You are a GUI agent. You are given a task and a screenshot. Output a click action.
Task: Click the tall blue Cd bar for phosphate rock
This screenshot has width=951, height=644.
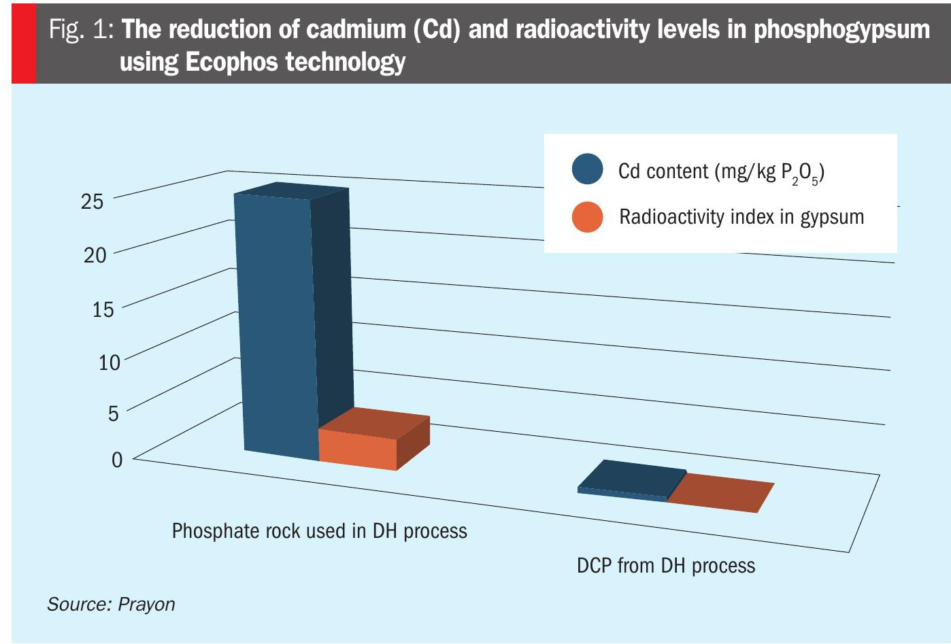click(x=276, y=323)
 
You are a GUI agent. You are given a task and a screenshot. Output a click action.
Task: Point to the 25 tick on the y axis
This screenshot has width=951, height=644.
click(x=92, y=201)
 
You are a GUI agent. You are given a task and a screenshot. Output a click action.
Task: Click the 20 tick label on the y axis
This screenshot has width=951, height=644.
click(x=95, y=255)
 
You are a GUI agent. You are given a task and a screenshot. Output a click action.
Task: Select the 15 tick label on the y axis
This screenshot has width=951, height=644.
click(x=103, y=309)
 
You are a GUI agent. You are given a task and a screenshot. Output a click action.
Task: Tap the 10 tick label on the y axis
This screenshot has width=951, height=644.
click(x=109, y=362)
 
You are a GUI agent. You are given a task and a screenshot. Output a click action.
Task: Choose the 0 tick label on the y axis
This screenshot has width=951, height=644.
click(x=117, y=460)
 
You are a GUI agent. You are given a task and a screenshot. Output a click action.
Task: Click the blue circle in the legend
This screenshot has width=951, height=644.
click(x=587, y=169)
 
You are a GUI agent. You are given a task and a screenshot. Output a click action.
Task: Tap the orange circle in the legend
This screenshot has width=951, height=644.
click(x=587, y=218)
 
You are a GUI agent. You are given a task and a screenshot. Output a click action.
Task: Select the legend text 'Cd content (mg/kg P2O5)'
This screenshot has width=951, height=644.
click(x=721, y=172)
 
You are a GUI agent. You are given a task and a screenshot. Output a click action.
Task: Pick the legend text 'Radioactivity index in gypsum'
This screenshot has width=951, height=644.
click(x=741, y=217)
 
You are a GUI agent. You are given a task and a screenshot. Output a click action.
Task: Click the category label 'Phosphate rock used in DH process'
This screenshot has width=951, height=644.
click(x=319, y=530)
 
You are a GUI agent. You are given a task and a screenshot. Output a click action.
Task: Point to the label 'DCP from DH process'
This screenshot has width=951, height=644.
click(x=665, y=566)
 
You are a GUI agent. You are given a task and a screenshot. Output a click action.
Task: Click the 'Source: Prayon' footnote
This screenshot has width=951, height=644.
click(x=111, y=604)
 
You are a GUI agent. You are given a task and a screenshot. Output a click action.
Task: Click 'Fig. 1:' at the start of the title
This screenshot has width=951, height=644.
click(x=81, y=29)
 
